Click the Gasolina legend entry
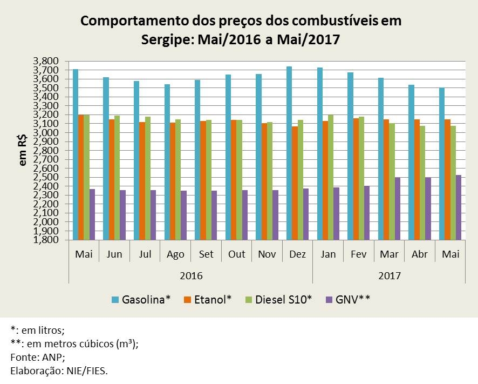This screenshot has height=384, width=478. click(141, 300)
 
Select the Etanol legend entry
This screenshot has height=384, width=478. click(208, 300)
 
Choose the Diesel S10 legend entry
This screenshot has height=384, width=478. click(278, 300)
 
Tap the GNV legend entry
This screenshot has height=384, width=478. click(348, 300)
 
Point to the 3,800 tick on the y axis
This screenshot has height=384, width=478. click(45, 61)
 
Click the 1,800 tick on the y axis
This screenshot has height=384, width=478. click(45, 240)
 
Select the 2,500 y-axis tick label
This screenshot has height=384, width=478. click(45, 178)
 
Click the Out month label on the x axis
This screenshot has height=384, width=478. click(236, 254)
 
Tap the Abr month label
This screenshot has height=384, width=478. click(419, 254)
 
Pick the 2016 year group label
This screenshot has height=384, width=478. click(190, 275)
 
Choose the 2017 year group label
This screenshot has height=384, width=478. click(389, 275)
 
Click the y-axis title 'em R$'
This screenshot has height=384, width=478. click(23, 151)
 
